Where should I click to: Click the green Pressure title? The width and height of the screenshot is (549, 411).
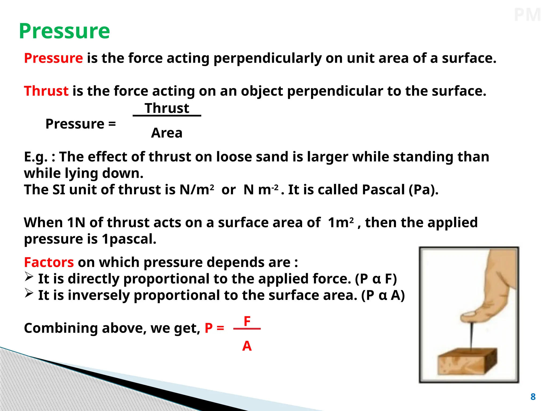coord(64,31)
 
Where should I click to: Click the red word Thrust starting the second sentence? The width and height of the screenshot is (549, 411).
coord(46,91)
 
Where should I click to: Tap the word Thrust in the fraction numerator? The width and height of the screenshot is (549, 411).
coord(167,108)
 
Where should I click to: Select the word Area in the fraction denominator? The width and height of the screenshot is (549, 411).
coord(167,133)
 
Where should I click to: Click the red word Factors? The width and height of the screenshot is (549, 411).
coord(49,262)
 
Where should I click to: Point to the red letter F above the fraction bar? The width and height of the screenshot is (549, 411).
coord(247,321)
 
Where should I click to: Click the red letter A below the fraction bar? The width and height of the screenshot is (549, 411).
coord(247,346)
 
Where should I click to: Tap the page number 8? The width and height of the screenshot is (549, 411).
coord(533,397)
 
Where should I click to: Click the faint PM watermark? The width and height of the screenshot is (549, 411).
coord(527,15)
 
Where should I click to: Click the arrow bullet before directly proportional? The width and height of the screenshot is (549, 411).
coord(29,277)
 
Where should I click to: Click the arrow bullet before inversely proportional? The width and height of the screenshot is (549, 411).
coord(29,293)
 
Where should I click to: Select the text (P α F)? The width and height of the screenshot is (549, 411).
coord(376,279)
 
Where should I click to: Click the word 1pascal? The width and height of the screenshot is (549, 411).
coord(129,239)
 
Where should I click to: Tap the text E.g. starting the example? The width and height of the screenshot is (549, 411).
coord(35,157)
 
